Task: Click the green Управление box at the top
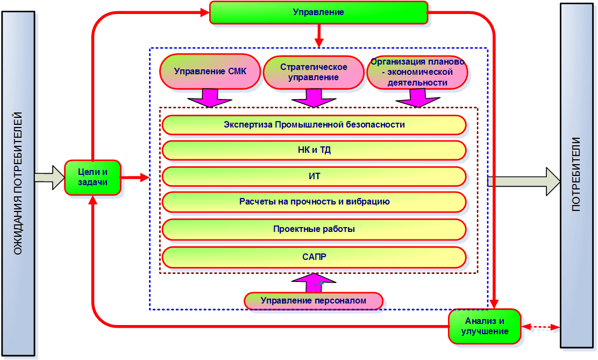tap(318, 12)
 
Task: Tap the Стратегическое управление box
tap(314, 72)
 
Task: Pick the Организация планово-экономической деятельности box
tap(417, 72)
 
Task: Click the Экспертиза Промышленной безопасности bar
tap(314, 125)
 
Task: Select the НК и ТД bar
tap(314, 151)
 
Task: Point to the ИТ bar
tap(314, 177)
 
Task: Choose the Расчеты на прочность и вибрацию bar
tap(314, 202)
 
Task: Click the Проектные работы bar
tap(314, 229)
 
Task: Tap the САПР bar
tap(314, 257)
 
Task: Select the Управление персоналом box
tap(314, 301)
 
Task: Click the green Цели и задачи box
tap(92, 178)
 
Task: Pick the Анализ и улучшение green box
tap(485, 326)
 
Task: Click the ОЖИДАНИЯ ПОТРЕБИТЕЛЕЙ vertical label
tap(18, 183)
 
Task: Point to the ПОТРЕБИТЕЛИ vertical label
tap(576, 175)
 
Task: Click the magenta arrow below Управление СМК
tap(209, 98)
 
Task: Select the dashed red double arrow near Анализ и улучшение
tap(541, 327)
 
